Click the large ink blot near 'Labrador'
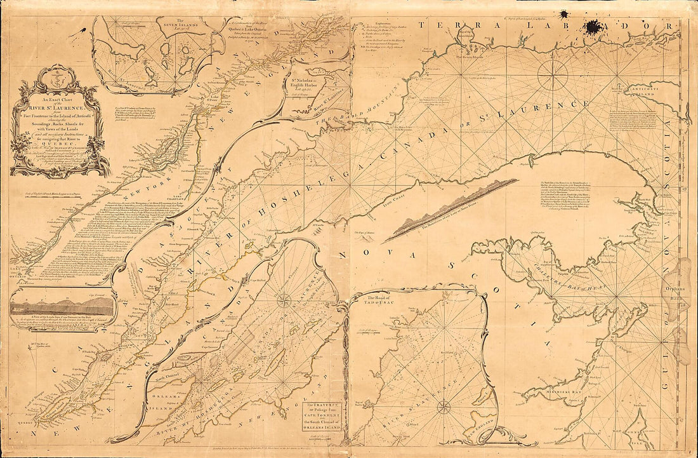tap(595, 27)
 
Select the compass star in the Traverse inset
tap(284, 300)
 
